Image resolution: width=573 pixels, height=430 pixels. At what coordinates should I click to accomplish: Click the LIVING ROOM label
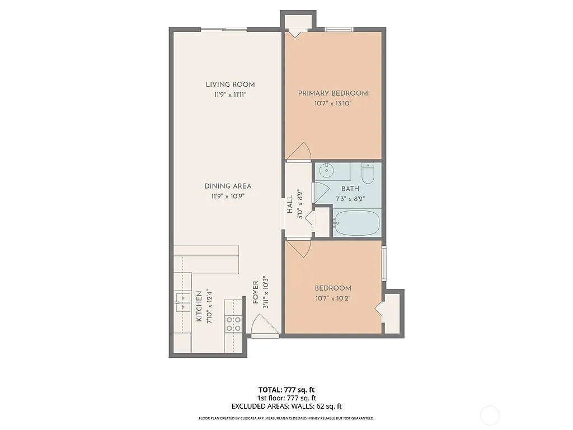(x=230, y=85)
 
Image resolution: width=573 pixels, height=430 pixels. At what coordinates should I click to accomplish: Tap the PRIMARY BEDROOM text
(x=333, y=93)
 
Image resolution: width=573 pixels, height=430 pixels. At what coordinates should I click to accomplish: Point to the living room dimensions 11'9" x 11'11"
(x=230, y=95)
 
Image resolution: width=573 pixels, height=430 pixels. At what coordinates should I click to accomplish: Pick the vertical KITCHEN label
(x=199, y=306)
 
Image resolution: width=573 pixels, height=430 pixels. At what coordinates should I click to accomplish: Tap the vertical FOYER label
(x=256, y=293)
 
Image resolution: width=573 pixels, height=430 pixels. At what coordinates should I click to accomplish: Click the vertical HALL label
(x=290, y=204)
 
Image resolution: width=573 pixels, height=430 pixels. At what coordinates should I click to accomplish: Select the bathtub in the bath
(x=356, y=223)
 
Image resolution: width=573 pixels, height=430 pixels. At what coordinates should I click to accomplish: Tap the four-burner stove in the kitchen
(x=233, y=324)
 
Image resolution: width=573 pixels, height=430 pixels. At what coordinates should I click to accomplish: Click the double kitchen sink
(x=182, y=302)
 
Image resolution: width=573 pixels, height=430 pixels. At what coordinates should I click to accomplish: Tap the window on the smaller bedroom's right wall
(x=383, y=263)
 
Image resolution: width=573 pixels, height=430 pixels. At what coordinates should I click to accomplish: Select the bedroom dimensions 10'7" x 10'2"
(x=333, y=298)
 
